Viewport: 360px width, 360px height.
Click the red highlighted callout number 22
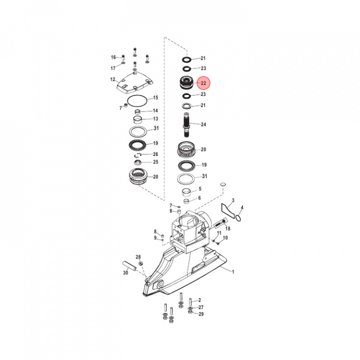pyautogui.click(x=203, y=82)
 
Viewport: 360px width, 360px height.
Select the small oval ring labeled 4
pyautogui.click(x=239, y=217)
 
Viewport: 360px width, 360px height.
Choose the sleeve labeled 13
pyautogui.click(x=138, y=119)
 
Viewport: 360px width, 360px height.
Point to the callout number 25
pyautogui.click(x=155, y=162)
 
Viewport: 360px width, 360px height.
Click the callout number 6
pyautogui.click(x=199, y=198)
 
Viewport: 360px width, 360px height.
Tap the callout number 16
pyautogui.click(x=113, y=57)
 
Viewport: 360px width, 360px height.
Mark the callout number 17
pyautogui.click(x=113, y=67)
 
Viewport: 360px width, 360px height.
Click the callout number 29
pyautogui.click(x=201, y=314)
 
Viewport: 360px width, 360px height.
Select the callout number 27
pyautogui.click(x=201, y=307)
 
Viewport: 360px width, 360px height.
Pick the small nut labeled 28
pyautogui.click(x=140, y=263)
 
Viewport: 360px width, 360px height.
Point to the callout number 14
pyautogui.click(x=155, y=110)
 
